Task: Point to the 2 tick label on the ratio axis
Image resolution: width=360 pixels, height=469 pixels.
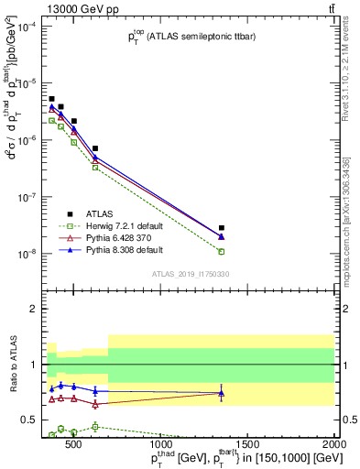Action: click(x=38, y=309)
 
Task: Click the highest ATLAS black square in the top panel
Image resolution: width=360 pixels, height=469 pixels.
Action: click(x=52, y=99)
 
